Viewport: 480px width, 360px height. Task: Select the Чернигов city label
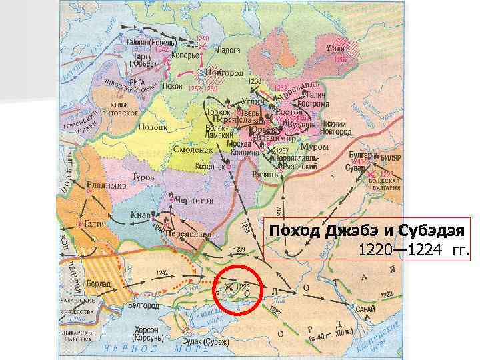(196, 199)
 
